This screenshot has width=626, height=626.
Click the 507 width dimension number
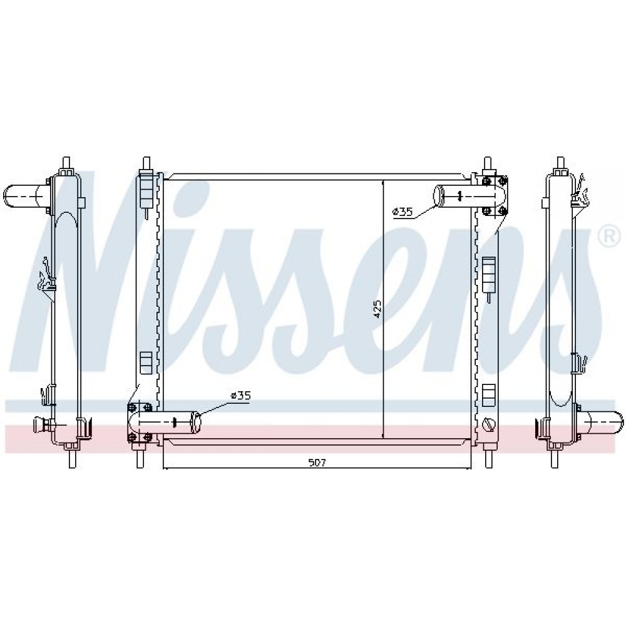pos(317,463)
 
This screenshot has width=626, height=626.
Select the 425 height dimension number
pos(377,309)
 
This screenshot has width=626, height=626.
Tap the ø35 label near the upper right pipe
pos(403,212)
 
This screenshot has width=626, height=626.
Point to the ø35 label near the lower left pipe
pos(240,396)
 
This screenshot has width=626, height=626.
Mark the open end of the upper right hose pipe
pos(439,195)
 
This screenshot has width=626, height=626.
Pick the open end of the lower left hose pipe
pos(196,423)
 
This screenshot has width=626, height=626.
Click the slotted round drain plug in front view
pos(489,424)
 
